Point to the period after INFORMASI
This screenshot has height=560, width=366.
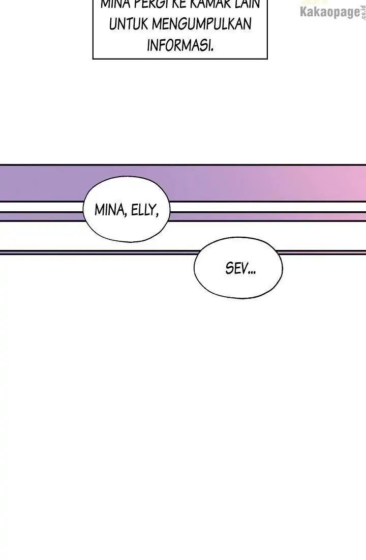coord(211,49)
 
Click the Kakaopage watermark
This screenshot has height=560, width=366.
coord(330,12)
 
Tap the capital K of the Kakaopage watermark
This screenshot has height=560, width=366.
coord(304,12)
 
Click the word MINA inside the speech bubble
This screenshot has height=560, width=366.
coord(110,210)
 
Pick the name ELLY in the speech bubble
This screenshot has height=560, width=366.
coord(144,210)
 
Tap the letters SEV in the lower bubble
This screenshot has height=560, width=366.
coord(235,269)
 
